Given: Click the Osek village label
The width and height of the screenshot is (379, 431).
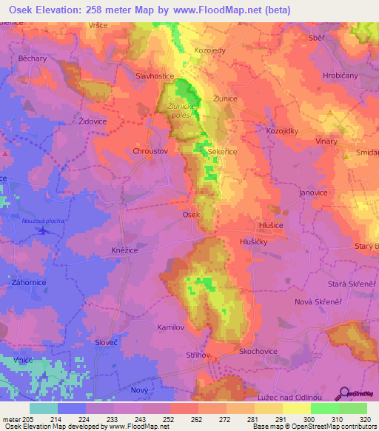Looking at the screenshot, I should pyautogui.click(x=191, y=214).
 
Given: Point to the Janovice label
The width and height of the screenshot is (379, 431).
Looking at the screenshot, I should pyautogui.click(x=313, y=193).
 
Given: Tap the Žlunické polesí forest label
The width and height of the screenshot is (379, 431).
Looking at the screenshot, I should pyautogui.click(x=182, y=110).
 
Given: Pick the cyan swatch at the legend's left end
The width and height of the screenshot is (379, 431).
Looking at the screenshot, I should pyautogui.click(x=44, y=408).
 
